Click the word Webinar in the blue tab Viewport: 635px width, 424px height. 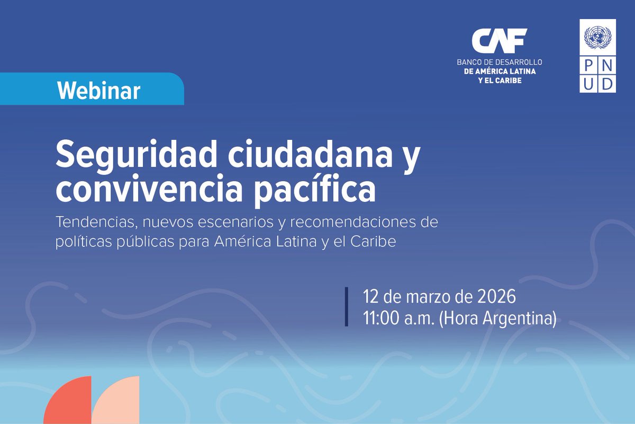click(99, 91)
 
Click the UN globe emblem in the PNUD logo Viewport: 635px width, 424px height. click(597, 38)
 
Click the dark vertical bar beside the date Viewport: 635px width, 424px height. click(347, 307)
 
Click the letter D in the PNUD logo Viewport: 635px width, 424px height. click(607, 84)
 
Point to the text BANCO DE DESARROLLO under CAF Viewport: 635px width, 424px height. click(500, 62)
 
